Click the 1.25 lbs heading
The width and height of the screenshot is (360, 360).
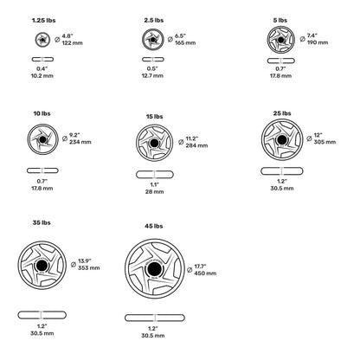click(x=43, y=21)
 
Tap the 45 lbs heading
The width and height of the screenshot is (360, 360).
click(x=154, y=226)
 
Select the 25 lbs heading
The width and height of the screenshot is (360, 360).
click(x=282, y=113)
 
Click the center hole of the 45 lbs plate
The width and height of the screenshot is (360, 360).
click(x=154, y=269)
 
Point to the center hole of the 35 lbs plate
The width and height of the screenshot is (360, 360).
click(x=42, y=265)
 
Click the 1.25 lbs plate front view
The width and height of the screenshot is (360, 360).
click(x=42, y=39)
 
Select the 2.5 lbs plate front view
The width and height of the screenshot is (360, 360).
click(x=153, y=39)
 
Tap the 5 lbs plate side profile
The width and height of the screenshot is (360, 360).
click(x=281, y=61)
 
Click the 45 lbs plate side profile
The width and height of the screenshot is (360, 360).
click(x=155, y=318)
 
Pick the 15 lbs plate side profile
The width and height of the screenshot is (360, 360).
click(x=155, y=175)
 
